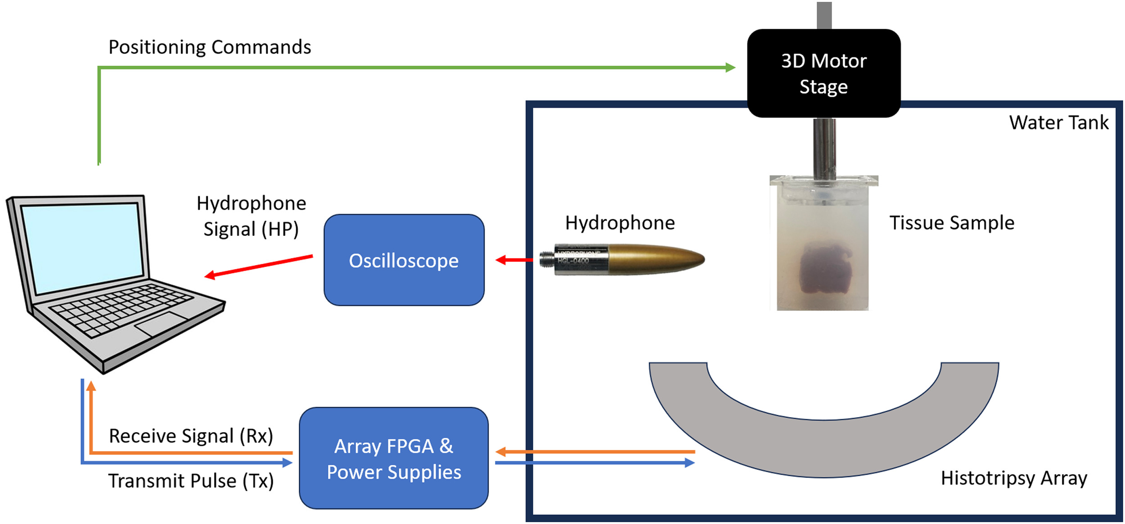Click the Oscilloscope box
point(404,260)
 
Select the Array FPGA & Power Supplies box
point(394,458)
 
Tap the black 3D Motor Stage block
point(823,73)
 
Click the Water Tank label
point(1058,122)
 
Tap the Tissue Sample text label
point(952,223)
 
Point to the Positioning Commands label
point(210,47)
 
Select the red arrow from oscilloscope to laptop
point(259,266)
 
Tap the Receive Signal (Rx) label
point(191,436)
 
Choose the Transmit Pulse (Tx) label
point(191,481)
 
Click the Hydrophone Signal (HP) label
point(251,216)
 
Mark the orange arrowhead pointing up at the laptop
point(91,385)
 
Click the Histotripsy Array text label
point(1013,478)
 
